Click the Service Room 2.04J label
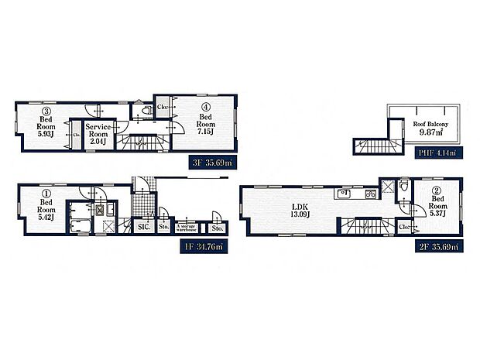point(100,130)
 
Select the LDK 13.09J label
point(300,210)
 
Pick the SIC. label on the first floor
point(143,227)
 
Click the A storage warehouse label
point(187,228)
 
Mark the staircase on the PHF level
point(375,146)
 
